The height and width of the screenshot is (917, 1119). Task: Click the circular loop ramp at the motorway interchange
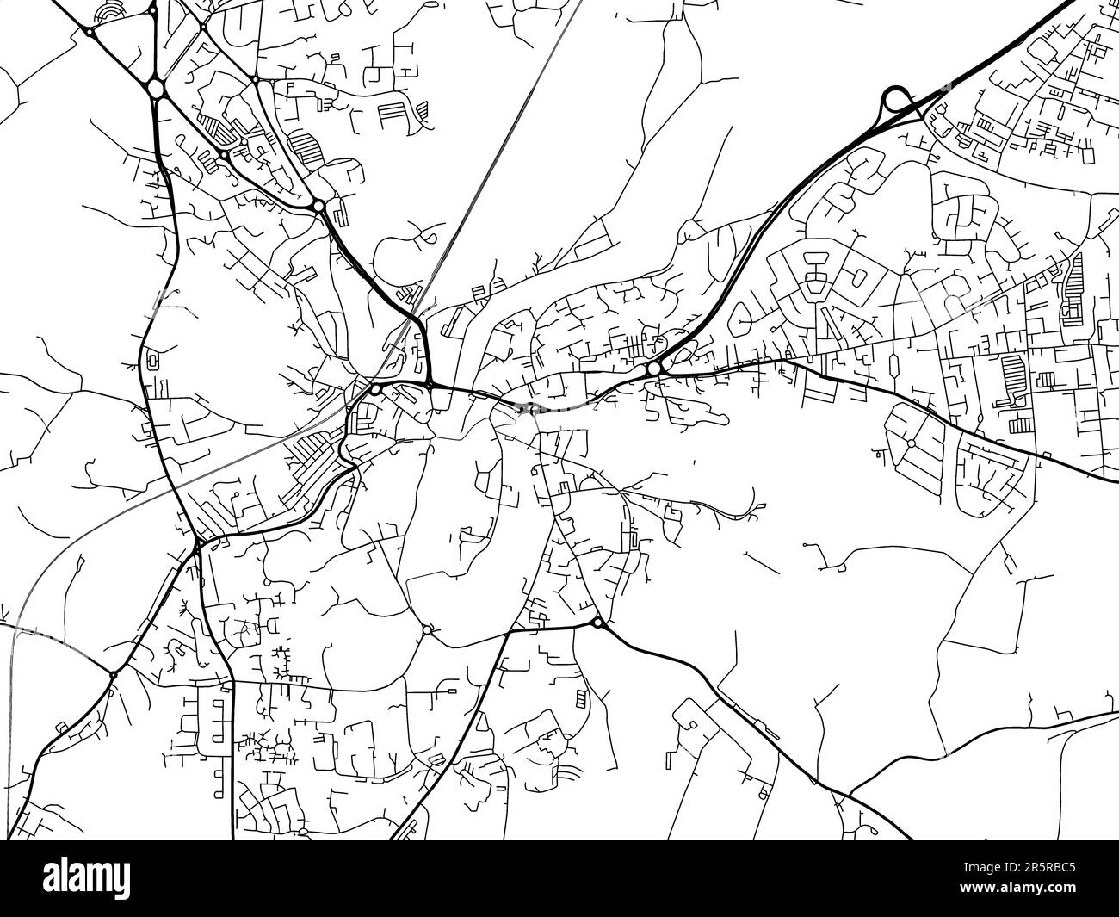[x=896, y=101]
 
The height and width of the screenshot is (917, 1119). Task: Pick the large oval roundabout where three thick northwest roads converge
[x=156, y=88]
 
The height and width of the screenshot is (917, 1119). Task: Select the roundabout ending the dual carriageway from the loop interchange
[x=655, y=369]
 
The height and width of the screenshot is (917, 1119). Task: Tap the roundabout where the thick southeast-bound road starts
[x=597, y=622]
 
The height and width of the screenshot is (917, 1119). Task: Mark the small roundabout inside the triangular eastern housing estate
[x=911, y=443]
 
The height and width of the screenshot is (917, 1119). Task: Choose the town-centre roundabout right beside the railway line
[x=376, y=389]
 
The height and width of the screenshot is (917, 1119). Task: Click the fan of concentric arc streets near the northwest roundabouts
[x=110, y=11]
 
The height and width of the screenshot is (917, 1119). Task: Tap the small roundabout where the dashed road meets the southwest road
[x=113, y=674]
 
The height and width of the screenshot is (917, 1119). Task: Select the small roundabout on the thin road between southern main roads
[x=428, y=630]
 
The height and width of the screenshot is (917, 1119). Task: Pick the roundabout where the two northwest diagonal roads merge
[x=318, y=206]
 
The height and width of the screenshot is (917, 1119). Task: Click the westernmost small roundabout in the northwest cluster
[x=90, y=33]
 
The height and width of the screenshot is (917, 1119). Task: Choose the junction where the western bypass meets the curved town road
[x=197, y=544]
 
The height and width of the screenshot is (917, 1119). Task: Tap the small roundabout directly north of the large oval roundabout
[x=153, y=11]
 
